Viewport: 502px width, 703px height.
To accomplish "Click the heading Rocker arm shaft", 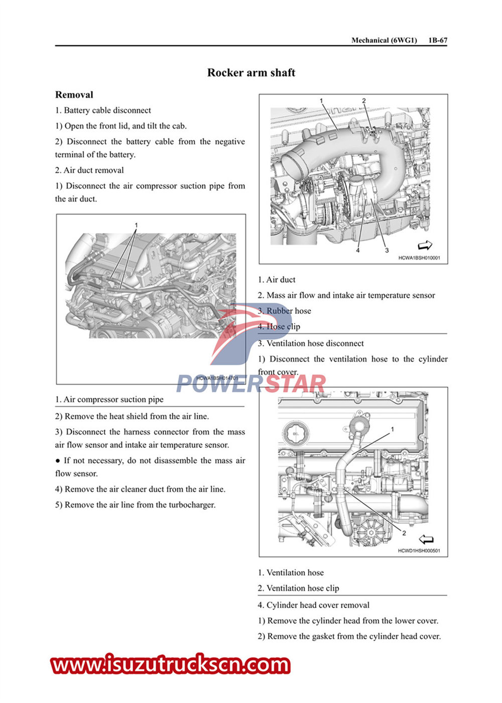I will (251, 73).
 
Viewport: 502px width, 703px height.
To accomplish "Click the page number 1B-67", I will (438, 40).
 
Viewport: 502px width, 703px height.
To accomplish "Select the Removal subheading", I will (74, 95).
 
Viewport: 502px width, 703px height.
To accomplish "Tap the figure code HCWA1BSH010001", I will (419, 258).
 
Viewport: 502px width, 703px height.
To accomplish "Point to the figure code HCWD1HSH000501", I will (419, 551).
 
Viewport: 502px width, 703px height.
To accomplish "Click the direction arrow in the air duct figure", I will (425, 246).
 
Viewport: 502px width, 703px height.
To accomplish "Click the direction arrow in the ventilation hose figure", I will (426, 539).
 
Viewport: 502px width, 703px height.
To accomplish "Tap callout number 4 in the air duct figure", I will (358, 250).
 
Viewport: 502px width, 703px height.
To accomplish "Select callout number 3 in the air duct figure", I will (387, 250).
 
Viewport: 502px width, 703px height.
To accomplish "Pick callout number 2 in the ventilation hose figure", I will (404, 533).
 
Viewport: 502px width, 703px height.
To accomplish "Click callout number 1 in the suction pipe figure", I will (136, 225).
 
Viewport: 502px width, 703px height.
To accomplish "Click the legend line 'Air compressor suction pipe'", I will (109, 400).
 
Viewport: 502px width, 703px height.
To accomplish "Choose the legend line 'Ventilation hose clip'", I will (298, 588).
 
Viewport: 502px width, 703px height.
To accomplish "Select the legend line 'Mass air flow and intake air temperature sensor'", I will (346, 295).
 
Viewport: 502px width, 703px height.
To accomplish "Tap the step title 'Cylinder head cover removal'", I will (314, 605).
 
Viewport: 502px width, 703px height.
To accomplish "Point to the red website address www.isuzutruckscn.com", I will (171, 665).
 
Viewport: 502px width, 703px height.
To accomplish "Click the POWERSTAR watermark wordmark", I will (251, 384).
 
